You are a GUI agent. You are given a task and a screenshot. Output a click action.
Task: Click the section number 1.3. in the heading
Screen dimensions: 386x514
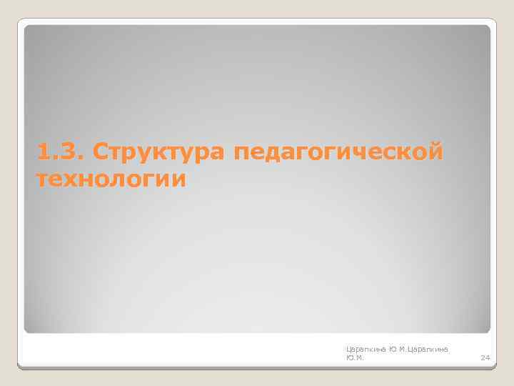(x=59, y=153)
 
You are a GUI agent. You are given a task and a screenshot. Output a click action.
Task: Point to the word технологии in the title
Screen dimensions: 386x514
(x=111, y=179)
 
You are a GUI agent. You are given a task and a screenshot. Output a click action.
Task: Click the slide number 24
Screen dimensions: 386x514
(x=485, y=357)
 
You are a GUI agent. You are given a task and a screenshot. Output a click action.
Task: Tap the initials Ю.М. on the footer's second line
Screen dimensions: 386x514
(x=354, y=357)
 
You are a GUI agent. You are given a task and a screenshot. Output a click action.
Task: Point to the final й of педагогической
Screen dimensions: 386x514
(x=434, y=152)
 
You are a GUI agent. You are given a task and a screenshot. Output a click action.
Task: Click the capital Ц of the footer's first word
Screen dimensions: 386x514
(x=348, y=348)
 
